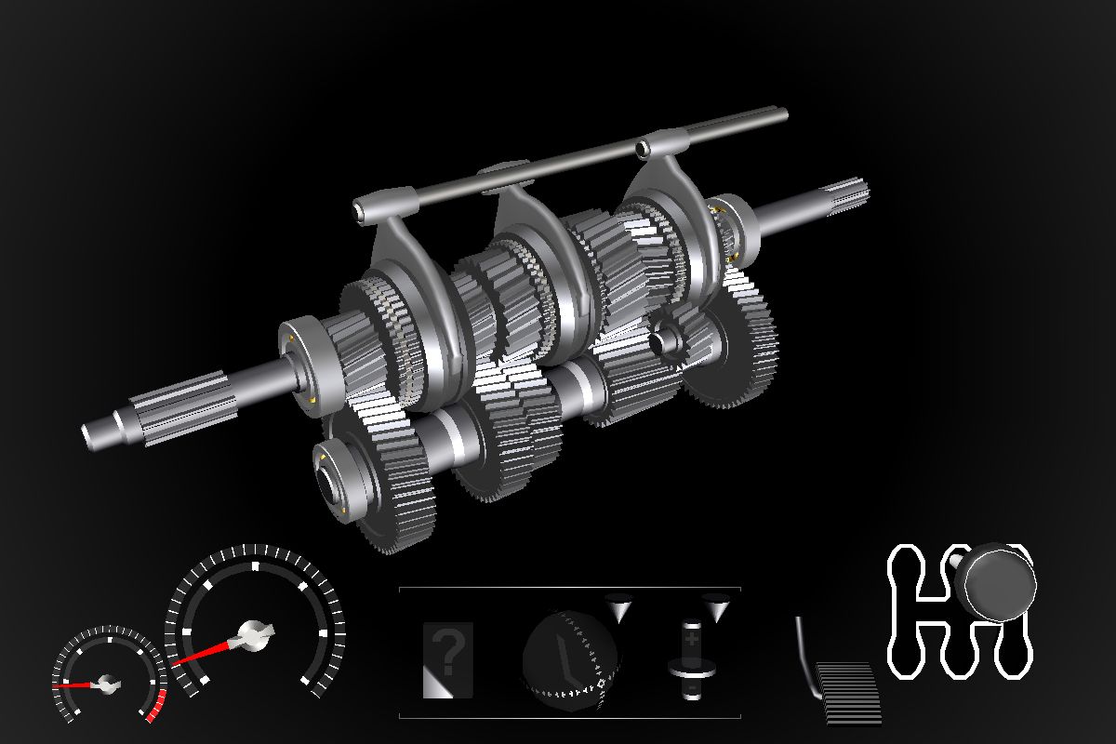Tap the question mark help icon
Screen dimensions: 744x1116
447,658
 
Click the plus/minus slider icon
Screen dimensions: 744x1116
691,658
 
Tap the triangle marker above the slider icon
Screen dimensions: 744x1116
716,608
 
